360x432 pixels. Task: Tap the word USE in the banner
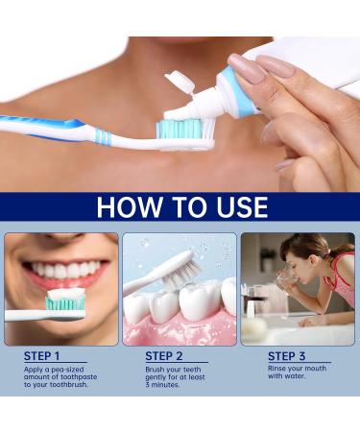click(x=239, y=207)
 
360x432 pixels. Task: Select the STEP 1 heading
click(x=43, y=356)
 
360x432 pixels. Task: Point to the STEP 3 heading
click(x=287, y=356)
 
